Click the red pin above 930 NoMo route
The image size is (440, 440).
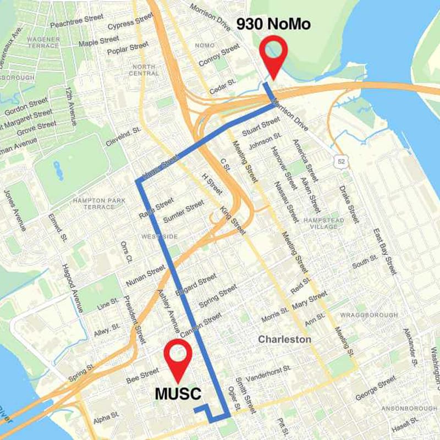coord(273,52)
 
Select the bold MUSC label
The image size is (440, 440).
coord(178,394)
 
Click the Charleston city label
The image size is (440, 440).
coord(284,339)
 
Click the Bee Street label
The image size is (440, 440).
coord(142,375)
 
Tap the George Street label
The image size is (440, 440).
coord(376,388)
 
